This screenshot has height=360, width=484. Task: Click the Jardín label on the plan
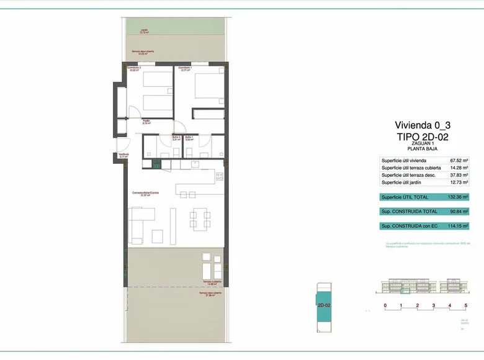click(144, 30)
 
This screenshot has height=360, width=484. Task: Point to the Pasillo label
click(147, 122)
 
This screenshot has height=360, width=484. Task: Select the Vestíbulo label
click(124, 156)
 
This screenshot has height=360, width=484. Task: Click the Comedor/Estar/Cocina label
click(145, 194)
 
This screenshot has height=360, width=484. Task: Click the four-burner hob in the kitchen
click(220, 177)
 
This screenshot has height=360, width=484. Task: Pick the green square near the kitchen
click(157, 164)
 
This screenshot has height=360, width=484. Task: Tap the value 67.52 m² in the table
click(458, 161)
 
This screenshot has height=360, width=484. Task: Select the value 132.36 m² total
click(457, 197)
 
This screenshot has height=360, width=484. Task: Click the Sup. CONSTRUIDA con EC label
click(406, 227)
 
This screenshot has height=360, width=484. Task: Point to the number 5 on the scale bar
click(466, 305)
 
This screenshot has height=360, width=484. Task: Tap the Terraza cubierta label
click(208, 282)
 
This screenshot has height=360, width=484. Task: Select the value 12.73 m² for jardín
click(458, 182)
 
